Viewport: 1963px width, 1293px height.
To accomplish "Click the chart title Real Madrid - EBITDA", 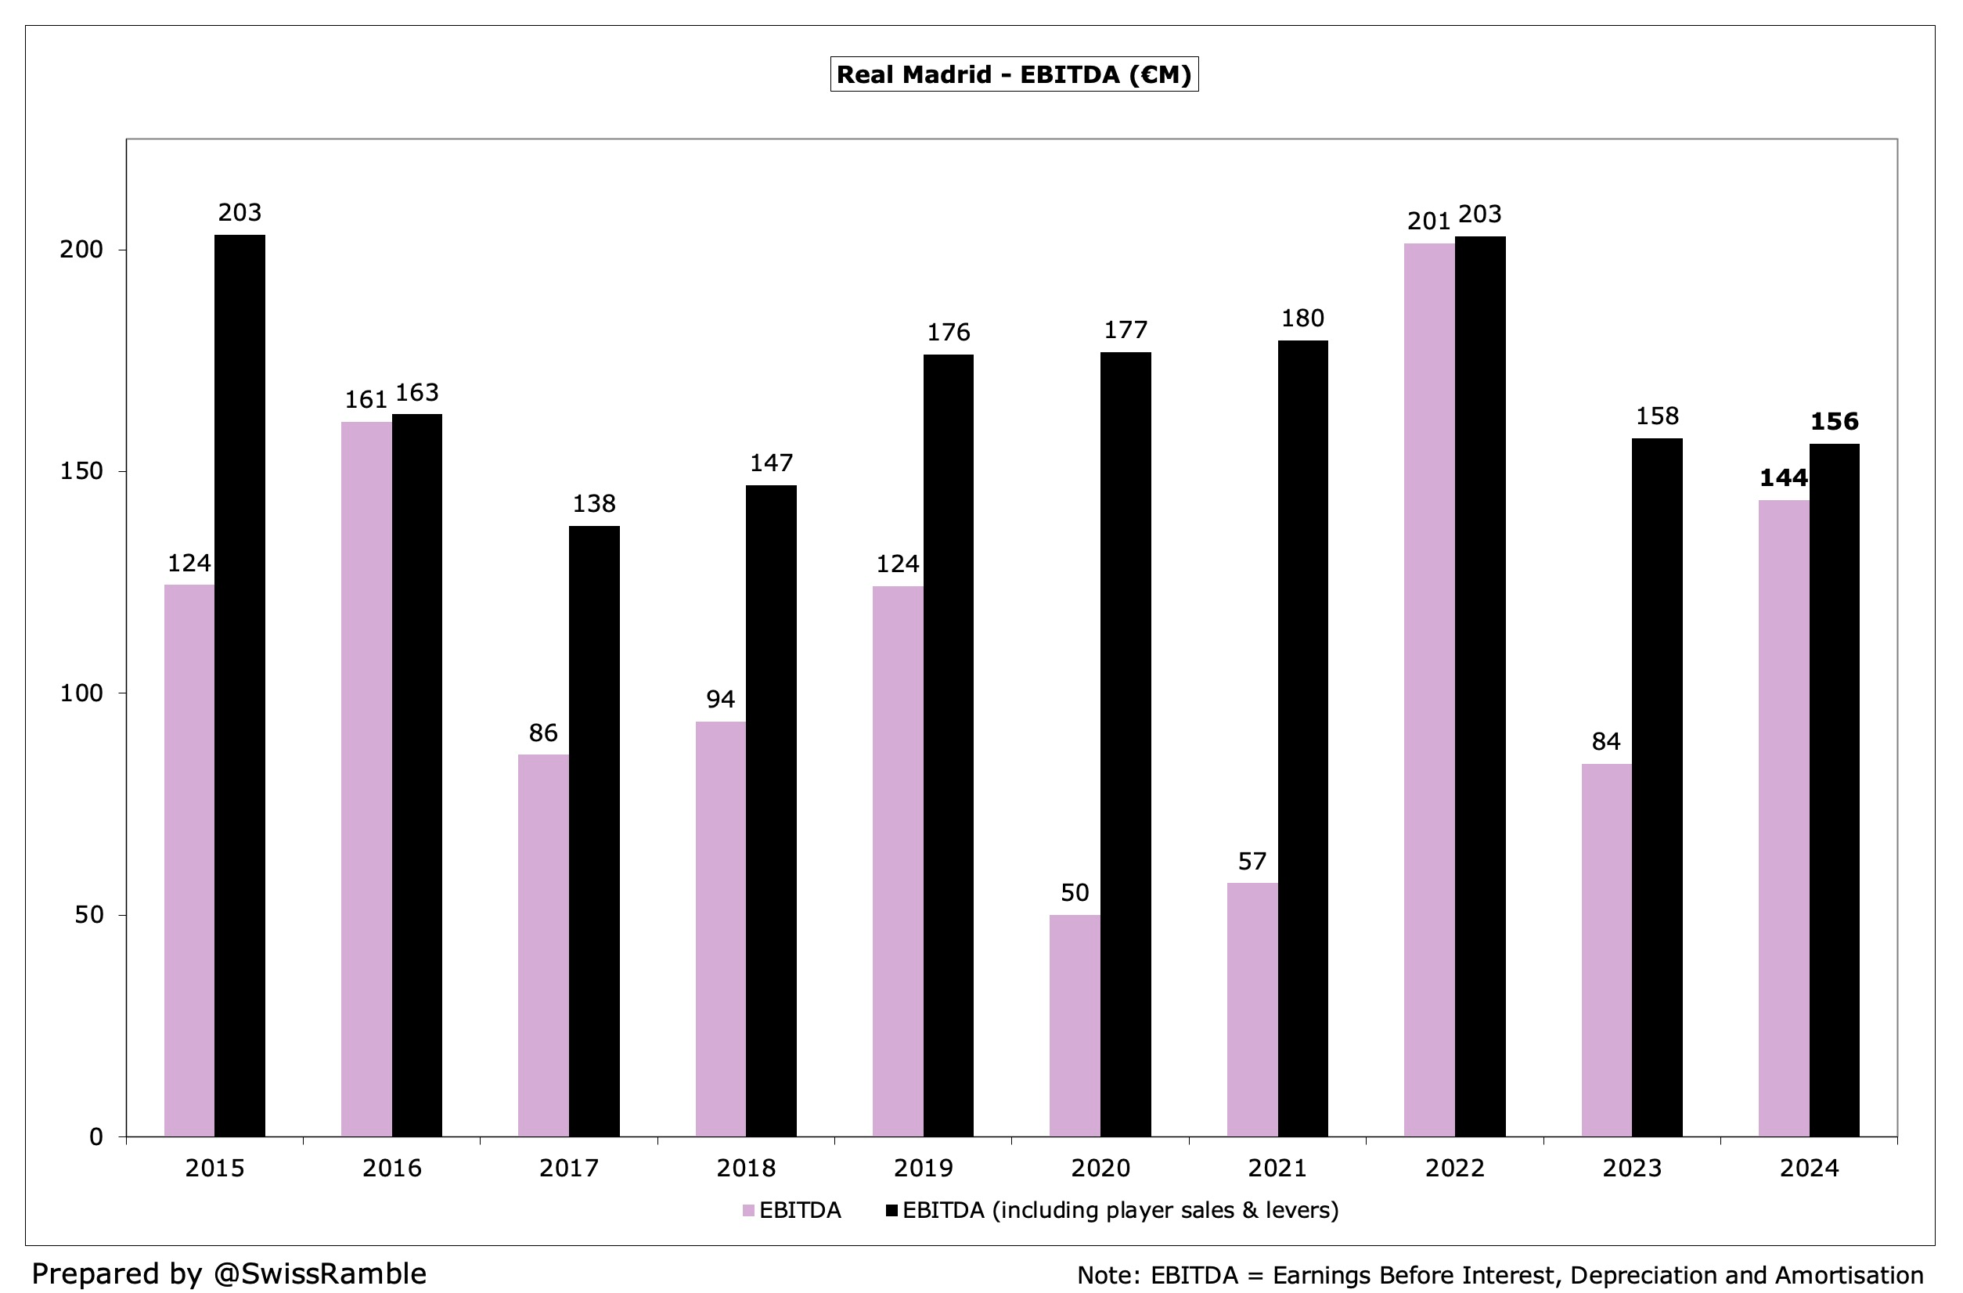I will pos(1014,74).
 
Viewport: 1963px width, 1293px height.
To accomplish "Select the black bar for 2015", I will pos(240,684).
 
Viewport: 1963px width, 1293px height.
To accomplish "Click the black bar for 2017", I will pos(594,830).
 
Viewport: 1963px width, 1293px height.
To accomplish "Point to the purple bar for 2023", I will pos(1606,949).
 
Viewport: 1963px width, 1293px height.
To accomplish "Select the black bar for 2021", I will pos(1302,738).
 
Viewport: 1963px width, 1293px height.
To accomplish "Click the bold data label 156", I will pos(1835,421).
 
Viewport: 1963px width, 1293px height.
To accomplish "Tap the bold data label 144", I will pos(1783,477).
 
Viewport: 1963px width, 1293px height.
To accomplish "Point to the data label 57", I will pos(1252,862).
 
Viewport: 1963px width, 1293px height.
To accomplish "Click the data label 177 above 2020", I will pos(1125,330).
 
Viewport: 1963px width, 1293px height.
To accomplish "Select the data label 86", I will pos(542,733).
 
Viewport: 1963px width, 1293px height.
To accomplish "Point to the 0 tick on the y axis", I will pos(95,1137).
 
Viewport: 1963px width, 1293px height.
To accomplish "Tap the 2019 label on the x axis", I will pos(923,1168).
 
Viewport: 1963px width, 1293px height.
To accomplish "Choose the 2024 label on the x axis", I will pos(1809,1168).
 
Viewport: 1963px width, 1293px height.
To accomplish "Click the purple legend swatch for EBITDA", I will pos(748,1211).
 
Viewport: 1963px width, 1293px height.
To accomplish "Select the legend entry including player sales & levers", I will pos(1119,1210).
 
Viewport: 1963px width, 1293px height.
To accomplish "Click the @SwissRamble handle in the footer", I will pos(319,1273).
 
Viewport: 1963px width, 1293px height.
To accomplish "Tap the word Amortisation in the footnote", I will pos(1849,1275).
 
